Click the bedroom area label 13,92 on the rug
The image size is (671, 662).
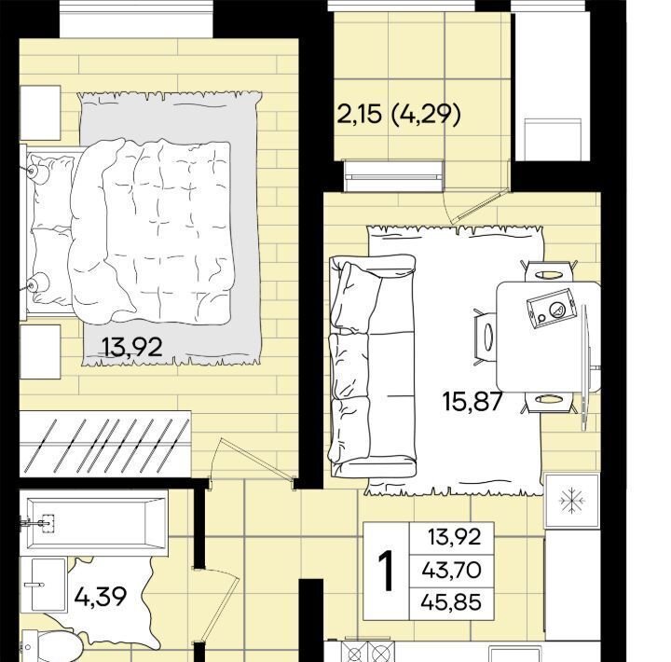pos(132,347)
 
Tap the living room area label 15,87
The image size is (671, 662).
pos(472,401)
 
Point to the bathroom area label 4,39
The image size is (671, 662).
pos(101,596)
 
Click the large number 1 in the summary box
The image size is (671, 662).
pos(387,572)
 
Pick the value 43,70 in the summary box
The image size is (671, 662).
pos(451,570)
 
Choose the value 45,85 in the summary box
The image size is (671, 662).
pos(451,602)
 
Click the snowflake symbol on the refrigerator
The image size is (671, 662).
pos(572,500)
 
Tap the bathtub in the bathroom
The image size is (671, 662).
pos(96,523)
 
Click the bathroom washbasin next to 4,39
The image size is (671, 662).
pos(48,585)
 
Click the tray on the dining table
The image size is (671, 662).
pos(551,309)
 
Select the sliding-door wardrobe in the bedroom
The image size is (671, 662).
pos(105,443)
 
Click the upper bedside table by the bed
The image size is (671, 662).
pos(40,113)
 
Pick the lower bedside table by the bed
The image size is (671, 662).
pos(40,352)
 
